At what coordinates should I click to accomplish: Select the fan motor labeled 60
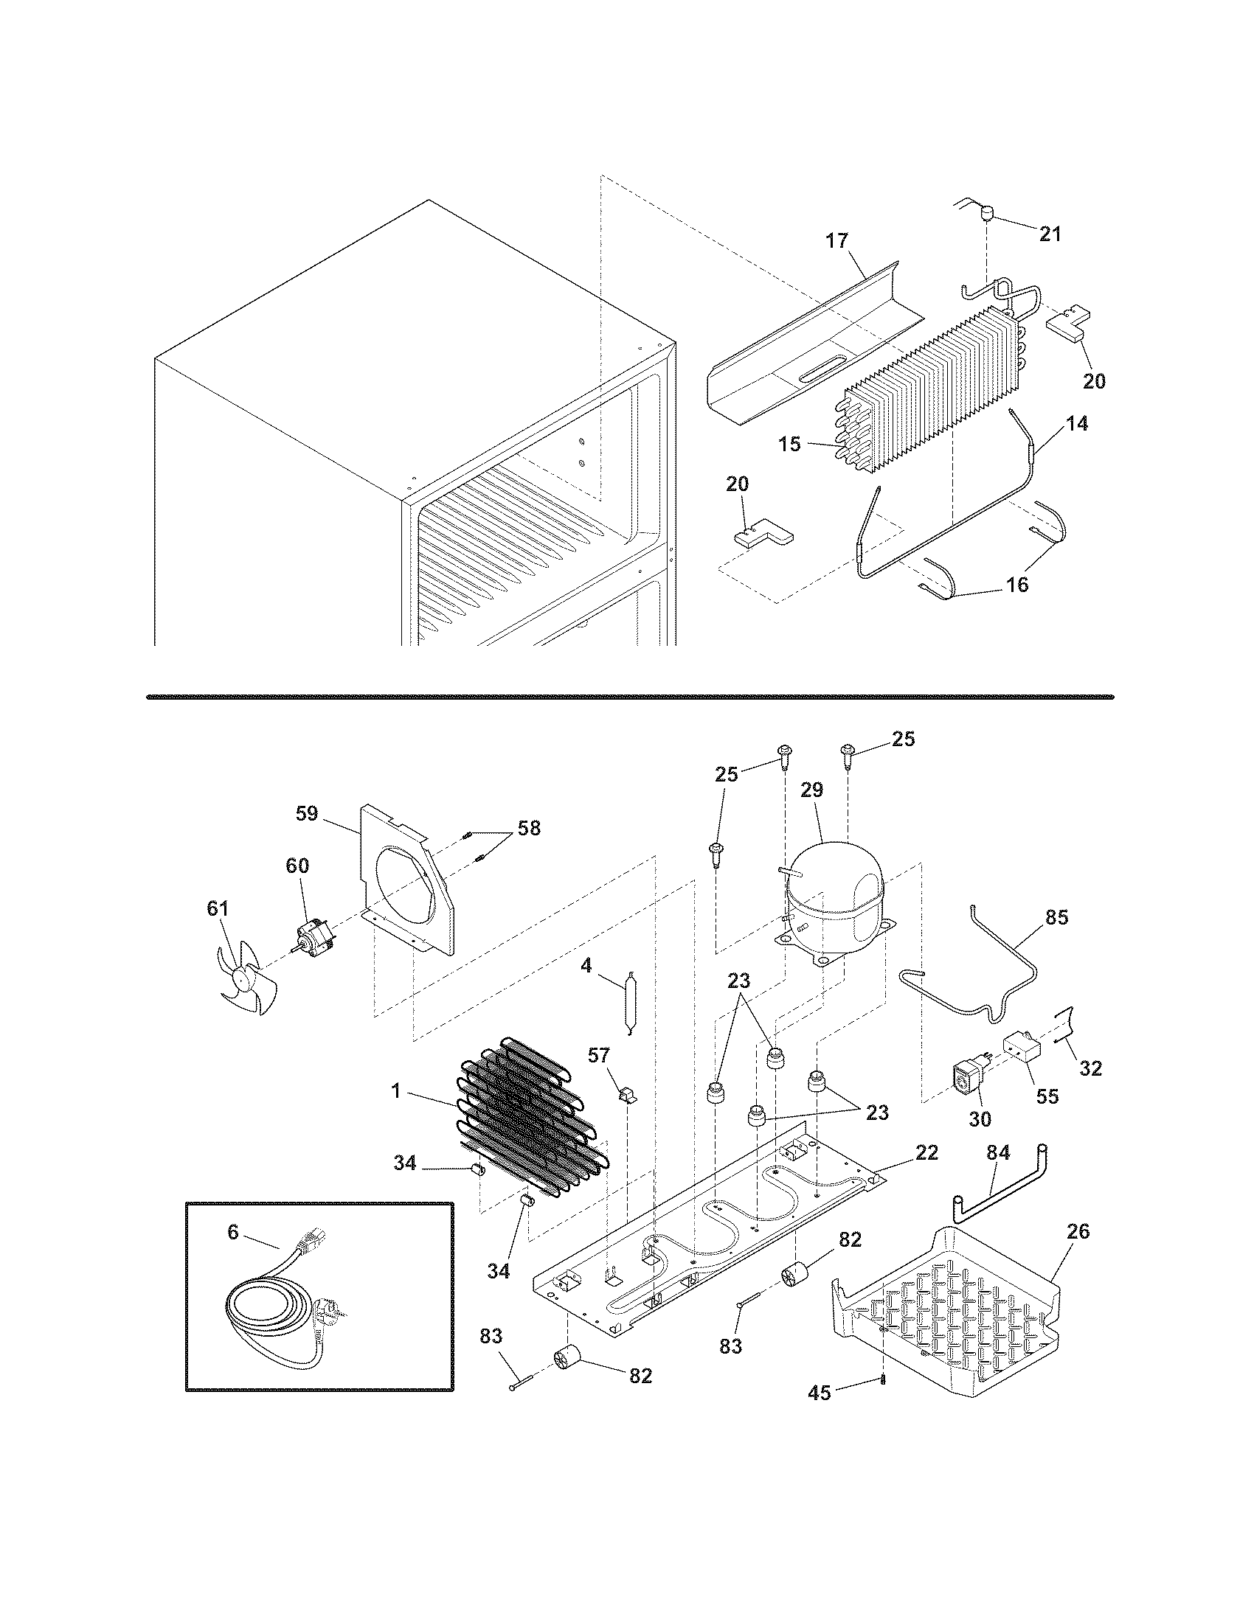[x=312, y=937]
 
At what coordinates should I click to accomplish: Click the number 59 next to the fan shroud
[x=307, y=813]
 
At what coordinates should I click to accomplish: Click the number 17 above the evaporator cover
[x=836, y=240]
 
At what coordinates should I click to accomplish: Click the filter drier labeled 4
[x=630, y=1000]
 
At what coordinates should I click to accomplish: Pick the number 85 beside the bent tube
[x=1056, y=917]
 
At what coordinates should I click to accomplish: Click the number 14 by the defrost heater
[x=1077, y=423]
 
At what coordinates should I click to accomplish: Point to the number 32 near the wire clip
[x=1090, y=1068]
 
